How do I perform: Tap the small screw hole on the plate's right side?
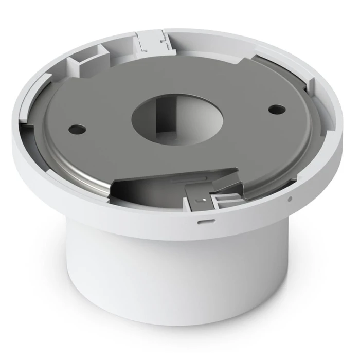pyautogui.click(x=277, y=109)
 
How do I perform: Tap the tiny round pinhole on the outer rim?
pyautogui.click(x=291, y=199)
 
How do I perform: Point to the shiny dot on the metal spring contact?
pyautogui.click(x=205, y=197)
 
